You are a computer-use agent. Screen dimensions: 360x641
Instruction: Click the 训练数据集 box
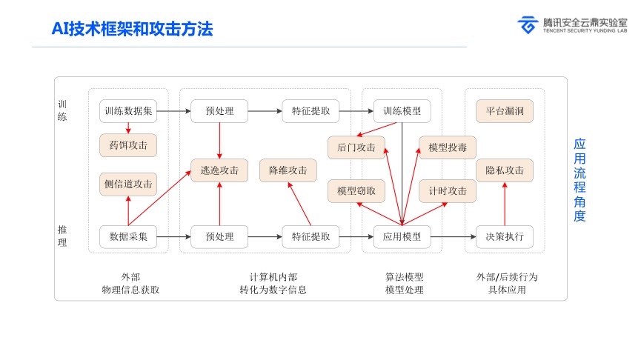[128, 111]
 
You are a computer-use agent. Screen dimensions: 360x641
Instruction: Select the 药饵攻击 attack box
[128, 145]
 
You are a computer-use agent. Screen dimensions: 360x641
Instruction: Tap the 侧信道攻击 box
[128, 184]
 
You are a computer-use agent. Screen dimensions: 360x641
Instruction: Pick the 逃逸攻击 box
[219, 170]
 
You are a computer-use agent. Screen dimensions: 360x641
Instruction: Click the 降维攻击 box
[288, 170]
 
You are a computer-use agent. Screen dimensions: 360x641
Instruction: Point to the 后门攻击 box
[356, 147]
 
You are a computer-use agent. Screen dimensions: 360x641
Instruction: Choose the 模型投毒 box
[448, 147]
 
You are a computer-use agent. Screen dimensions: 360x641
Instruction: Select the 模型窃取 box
[356, 190]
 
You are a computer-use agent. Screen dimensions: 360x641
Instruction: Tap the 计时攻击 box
[448, 190]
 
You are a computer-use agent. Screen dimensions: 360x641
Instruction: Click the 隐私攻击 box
[505, 170]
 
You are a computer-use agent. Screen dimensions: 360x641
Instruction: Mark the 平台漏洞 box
[505, 111]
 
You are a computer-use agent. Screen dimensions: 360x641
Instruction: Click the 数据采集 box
[128, 237]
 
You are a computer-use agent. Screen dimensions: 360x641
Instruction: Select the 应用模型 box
[402, 237]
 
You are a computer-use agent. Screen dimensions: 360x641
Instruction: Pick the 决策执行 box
[505, 237]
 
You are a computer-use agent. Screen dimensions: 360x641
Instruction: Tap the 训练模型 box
[402, 111]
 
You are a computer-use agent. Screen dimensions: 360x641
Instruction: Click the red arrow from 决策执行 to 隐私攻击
[505, 204]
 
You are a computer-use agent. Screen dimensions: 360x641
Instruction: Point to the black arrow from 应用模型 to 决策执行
[453, 237]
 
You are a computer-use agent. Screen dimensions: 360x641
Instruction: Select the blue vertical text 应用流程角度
[579, 180]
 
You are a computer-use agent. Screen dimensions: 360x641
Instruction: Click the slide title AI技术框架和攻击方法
[132, 29]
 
